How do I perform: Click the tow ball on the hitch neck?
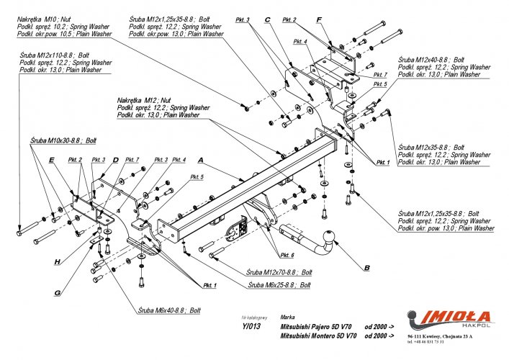click(x=329, y=236)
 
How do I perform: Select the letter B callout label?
click(x=366, y=268)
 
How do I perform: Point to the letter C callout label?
click(x=266, y=19)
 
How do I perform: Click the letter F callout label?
click(x=319, y=19)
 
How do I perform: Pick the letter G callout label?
click(x=56, y=292)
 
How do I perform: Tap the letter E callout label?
click(x=51, y=163)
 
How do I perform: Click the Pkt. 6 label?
click(x=288, y=255)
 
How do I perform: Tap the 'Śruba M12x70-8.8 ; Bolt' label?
click(x=279, y=273)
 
